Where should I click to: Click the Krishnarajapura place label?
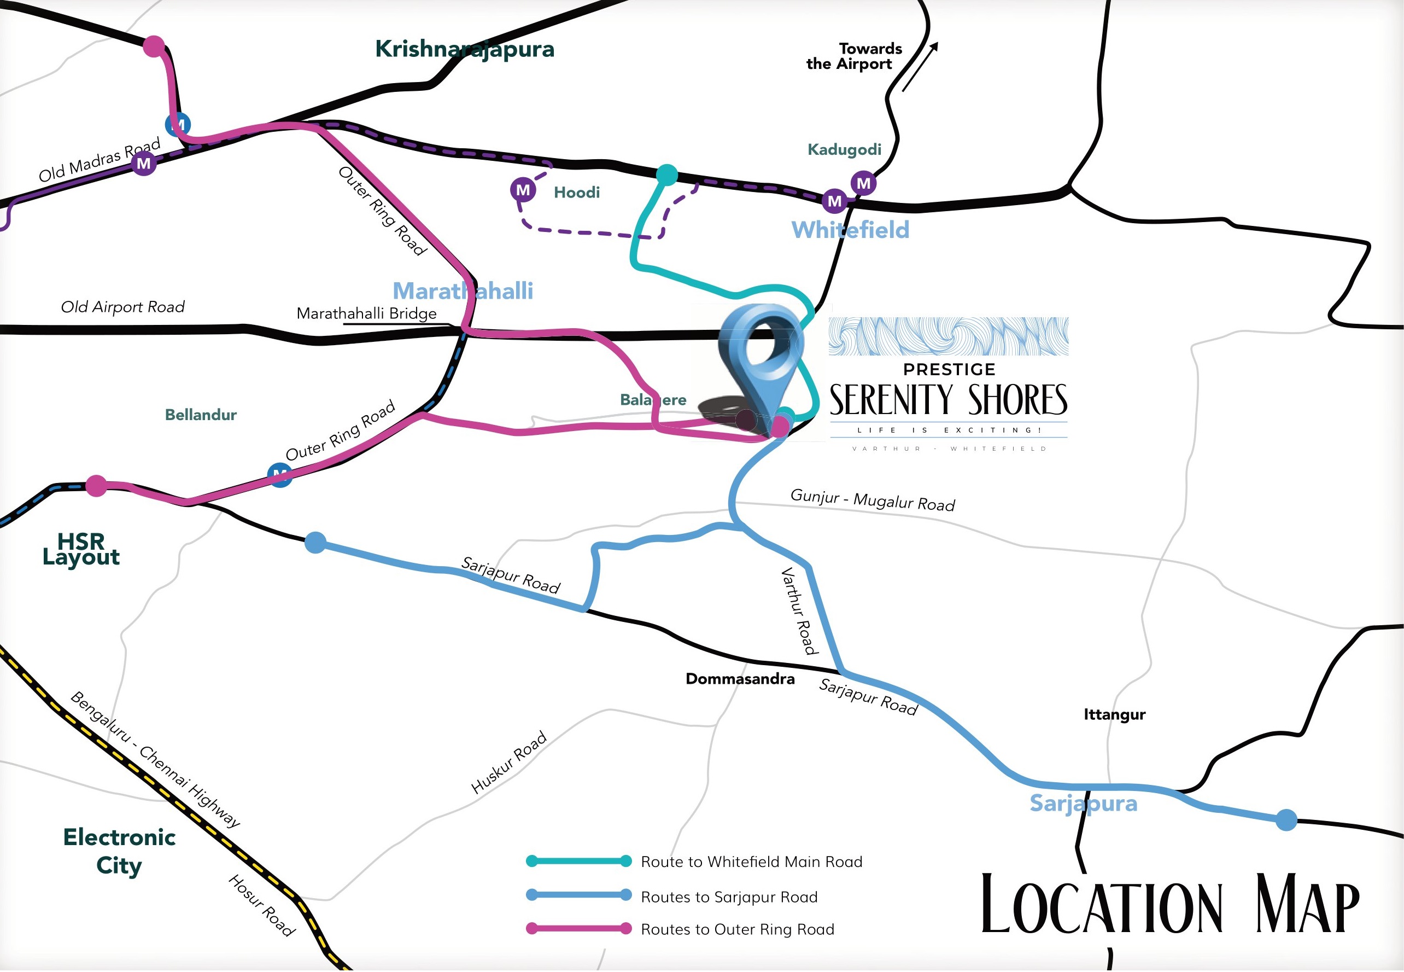click(x=464, y=49)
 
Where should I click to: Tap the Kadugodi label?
click(x=844, y=150)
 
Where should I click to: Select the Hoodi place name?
click(x=576, y=193)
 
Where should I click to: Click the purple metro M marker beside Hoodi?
click(x=523, y=190)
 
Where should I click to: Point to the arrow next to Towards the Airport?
click(x=920, y=67)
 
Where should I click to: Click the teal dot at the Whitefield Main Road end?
click(x=667, y=175)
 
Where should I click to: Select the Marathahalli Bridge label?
click(x=366, y=313)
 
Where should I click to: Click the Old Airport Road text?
click(x=122, y=307)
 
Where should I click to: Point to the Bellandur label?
click(x=200, y=415)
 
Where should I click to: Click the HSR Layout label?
click(x=81, y=549)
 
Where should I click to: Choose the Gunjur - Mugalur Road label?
click(x=872, y=500)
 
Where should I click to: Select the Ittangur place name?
click(x=1114, y=714)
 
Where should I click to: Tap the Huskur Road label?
click(x=509, y=763)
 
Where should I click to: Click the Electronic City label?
click(x=119, y=851)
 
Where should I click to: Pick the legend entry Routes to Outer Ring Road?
click(x=737, y=929)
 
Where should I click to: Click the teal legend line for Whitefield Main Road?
click(x=578, y=861)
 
